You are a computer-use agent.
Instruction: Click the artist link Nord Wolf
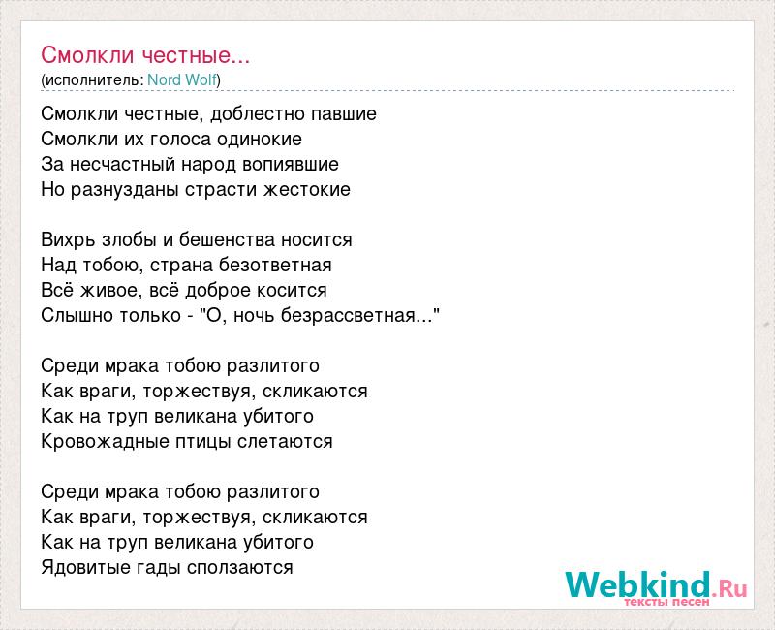tap(182, 80)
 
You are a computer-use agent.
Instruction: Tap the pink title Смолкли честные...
tap(145, 55)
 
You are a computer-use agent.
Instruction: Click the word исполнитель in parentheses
tap(92, 80)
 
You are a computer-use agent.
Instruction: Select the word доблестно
tap(251, 114)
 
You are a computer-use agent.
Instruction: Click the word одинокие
tap(260, 139)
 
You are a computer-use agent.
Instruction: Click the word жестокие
tap(307, 189)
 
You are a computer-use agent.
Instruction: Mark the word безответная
tap(275, 265)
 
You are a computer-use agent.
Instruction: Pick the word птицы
tap(204, 442)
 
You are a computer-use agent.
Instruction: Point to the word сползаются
tap(239, 567)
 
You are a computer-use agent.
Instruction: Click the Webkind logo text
tap(657, 587)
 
